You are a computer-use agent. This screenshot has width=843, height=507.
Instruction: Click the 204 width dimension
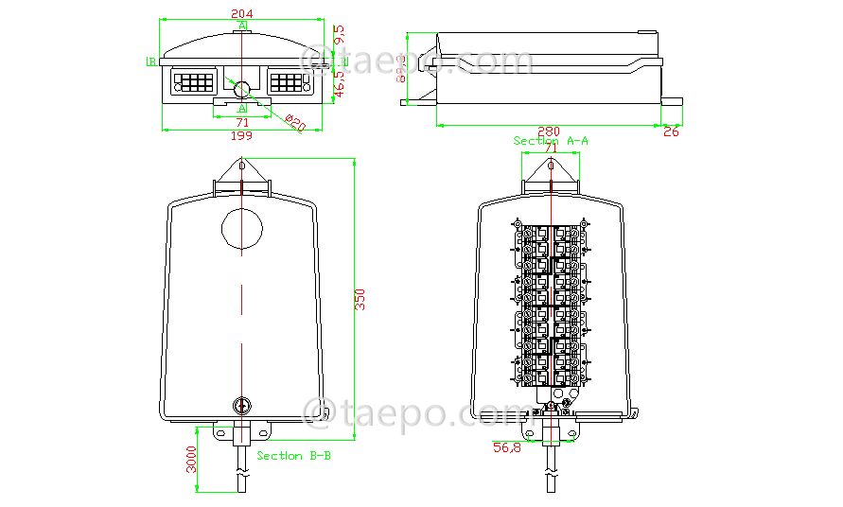[x=242, y=13]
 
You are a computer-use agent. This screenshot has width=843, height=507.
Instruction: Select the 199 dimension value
[x=242, y=136]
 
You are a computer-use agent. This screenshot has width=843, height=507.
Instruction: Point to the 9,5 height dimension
[x=340, y=35]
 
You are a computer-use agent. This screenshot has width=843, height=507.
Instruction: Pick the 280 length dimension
[x=549, y=131]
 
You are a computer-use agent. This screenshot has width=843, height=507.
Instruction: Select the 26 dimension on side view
[x=671, y=131]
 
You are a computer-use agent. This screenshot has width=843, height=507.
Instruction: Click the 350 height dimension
[x=360, y=299]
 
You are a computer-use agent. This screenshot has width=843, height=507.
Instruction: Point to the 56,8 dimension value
[x=506, y=447]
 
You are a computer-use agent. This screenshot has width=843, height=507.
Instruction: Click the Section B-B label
[x=293, y=455]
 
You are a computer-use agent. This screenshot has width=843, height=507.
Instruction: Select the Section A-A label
[x=552, y=141]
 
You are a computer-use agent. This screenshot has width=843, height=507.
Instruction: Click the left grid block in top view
[x=195, y=81]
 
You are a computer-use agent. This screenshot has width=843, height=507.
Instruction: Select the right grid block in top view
[x=288, y=81]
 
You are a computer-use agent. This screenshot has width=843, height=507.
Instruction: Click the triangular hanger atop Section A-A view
[x=551, y=172]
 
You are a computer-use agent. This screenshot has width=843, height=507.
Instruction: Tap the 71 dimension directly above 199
[x=242, y=122]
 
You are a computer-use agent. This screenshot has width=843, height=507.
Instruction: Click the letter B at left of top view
[x=151, y=61]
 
